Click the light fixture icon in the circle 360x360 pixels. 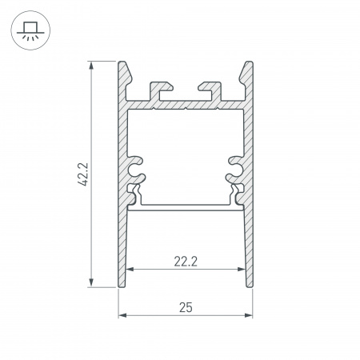28,30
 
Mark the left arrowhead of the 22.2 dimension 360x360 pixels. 130,269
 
